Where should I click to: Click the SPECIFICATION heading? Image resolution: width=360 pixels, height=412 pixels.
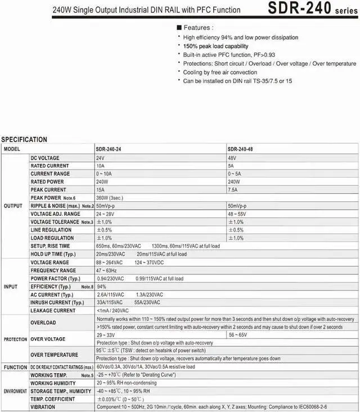(x=24, y=139)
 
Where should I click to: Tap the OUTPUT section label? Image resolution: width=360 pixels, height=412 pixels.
(x=13, y=206)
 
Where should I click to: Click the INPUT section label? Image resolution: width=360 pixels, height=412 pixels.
(x=11, y=286)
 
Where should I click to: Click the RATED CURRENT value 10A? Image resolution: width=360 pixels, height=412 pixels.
(x=100, y=166)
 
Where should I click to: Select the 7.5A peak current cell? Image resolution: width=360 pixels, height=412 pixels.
(x=233, y=189)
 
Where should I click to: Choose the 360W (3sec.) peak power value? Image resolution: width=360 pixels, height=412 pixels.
(x=109, y=197)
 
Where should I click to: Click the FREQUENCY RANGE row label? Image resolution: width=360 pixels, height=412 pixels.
(x=53, y=270)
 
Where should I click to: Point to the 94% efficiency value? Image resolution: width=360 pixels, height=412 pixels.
(x=101, y=286)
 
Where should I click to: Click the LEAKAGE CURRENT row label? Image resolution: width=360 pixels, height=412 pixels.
(x=53, y=310)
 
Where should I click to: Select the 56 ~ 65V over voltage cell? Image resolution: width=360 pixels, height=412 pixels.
(x=238, y=334)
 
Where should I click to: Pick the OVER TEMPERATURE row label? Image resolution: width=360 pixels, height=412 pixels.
(x=55, y=355)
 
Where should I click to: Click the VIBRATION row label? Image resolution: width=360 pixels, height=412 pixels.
(x=43, y=407)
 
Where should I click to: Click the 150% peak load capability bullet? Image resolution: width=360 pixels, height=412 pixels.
(x=217, y=46)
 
